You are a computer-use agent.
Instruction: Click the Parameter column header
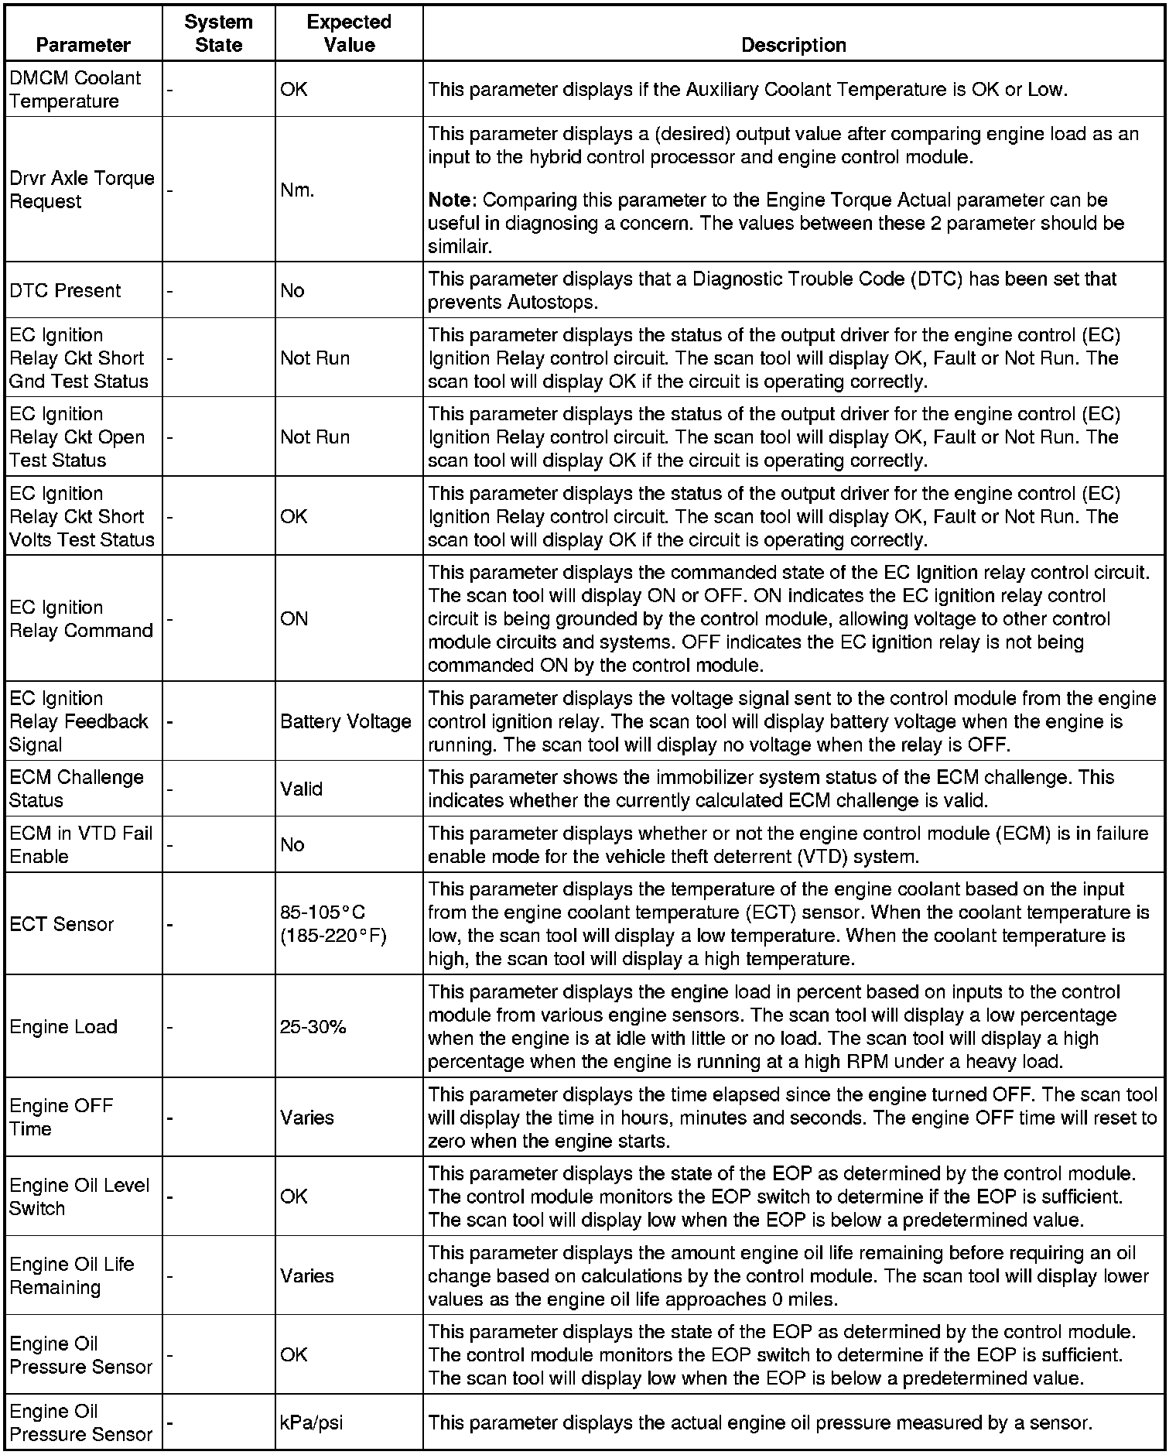pyautogui.click(x=83, y=45)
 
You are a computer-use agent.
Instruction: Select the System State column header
pyautogui.click(x=218, y=33)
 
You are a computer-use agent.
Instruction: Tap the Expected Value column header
pyautogui.click(x=349, y=33)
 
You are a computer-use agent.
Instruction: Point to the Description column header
pyautogui.click(x=793, y=45)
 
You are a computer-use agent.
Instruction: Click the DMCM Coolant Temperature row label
pyautogui.click(x=75, y=89)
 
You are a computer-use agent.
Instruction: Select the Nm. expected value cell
pyautogui.click(x=298, y=190)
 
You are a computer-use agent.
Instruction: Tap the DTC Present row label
pyautogui.click(x=65, y=290)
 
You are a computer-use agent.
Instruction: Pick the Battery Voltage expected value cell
pyautogui.click(x=345, y=721)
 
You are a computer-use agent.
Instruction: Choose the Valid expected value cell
pyautogui.click(x=302, y=789)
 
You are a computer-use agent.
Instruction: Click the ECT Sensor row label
pyautogui.click(x=62, y=924)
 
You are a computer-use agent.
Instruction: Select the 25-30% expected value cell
pyautogui.click(x=313, y=1027)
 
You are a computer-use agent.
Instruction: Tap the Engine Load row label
pyautogui.click(x=63, y=1027)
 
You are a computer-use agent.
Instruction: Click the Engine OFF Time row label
pyautogui.click(x=61, y=1117)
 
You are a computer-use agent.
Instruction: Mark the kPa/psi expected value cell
pyautogui.click(x=311, y=1422)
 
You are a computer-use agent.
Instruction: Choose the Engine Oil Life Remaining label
pyautogui.click(x=71, y=1275)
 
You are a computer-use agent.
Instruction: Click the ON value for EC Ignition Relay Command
pyautogui.click(x=294, y=618)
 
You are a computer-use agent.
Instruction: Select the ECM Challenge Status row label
pyautogui.click(x=77, y=789)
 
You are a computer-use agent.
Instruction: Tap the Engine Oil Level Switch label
pyautogui.click(x=79, y=1197)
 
